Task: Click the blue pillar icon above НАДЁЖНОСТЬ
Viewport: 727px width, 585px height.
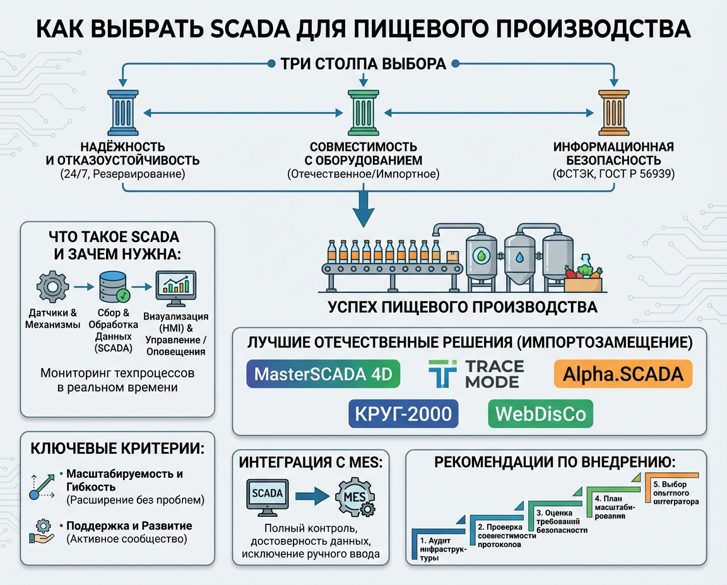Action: pos(122,113)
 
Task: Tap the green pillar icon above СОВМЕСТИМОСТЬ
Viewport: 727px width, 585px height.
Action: pos(363,113)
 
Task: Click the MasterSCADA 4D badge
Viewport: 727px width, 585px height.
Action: pos(322,374)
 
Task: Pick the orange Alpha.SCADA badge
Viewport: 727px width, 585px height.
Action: pos(622,374)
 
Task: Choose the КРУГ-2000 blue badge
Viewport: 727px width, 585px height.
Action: pos(403,414)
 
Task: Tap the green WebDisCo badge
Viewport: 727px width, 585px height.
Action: pos(541,414)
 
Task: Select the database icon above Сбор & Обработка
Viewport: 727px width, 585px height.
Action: pos(114,287)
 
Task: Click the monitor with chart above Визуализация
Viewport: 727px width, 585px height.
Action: pos(175,287)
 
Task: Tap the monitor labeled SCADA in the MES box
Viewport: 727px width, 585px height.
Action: pos(267,495)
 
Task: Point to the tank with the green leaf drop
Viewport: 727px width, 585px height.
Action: pos(482,260)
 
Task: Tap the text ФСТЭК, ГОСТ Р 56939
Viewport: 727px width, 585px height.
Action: pos(613,174)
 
